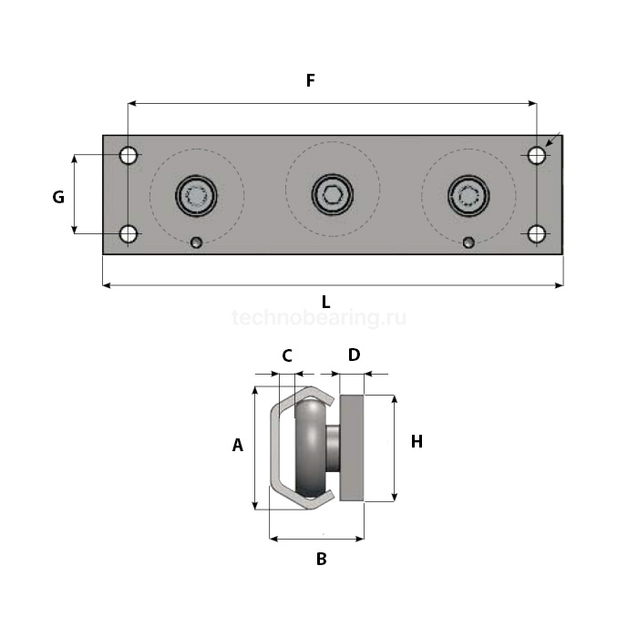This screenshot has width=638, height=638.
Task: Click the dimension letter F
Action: point(311,80)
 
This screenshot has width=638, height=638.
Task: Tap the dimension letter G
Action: point(58,197)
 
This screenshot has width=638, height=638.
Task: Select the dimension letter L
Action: point(325,303)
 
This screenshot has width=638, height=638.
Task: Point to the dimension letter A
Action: point(238,445)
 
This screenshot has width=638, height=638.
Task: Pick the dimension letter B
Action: point(322,559)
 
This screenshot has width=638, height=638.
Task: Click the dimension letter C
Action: point(287,356)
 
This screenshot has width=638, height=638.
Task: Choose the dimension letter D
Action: point(354,355)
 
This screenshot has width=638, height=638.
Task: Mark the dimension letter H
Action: point(417,441)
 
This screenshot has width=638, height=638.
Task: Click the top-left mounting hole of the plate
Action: point(129,155)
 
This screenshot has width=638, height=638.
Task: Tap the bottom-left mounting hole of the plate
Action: point(129,234)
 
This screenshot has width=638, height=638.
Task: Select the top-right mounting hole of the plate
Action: point(536,155)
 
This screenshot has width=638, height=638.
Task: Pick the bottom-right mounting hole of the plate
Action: point(536,234)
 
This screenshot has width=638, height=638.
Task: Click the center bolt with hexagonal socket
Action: point(333,195)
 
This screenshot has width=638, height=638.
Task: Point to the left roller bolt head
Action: point(196,196)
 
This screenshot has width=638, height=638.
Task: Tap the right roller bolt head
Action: point(468,196)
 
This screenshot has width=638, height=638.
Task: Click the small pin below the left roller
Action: point(196,243)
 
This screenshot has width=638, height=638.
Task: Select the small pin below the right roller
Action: point(468,243)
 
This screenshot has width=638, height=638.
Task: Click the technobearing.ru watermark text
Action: point(319,317)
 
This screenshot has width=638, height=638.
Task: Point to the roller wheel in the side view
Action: point(310,448)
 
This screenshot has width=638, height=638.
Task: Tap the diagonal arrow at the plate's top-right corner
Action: point(553,139)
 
